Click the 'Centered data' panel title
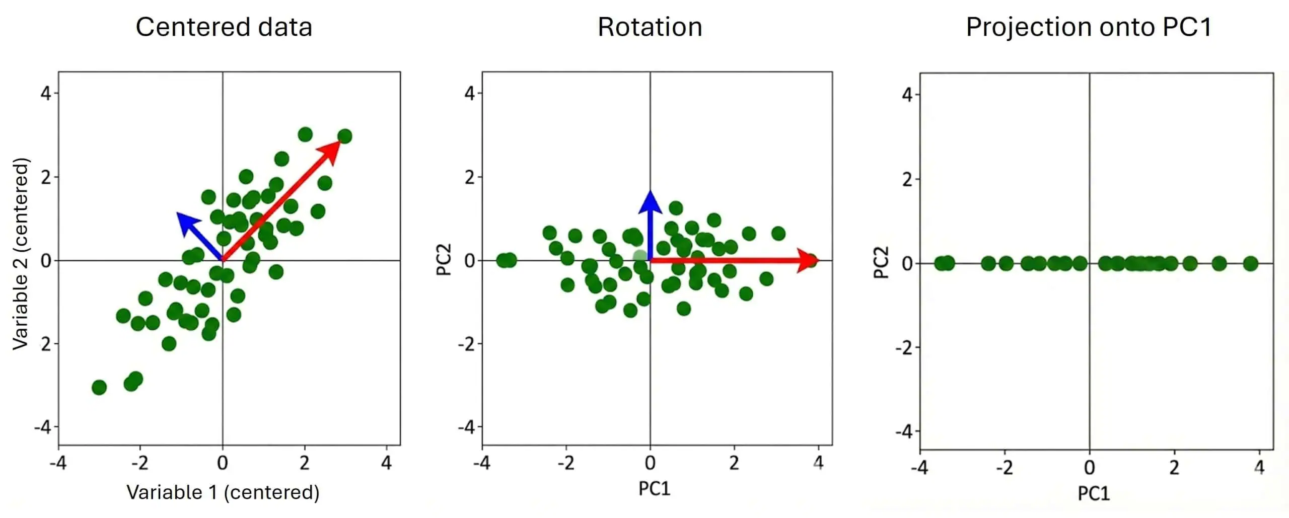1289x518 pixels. point(224,27)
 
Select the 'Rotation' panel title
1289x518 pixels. point(650,27)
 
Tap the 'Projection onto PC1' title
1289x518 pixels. point(1089,27)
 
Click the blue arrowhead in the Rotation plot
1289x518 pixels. point(650,201)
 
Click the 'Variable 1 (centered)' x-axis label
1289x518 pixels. point(223,492)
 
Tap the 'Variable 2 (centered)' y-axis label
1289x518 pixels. point(21,254)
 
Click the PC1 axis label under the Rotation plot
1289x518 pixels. point(654,488)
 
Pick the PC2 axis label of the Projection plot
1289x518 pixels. point(881,262)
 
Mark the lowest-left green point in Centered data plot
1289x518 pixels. point(99,387)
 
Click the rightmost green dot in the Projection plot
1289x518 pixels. point(1251,263)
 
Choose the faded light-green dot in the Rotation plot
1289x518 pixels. point(639,257)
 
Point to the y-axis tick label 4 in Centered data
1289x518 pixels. point(46,93)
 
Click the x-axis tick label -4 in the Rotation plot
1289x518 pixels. point(481,463)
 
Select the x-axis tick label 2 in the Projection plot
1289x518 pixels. point(1174,468)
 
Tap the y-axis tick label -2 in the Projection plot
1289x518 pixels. point(904,347)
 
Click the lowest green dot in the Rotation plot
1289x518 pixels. point(630,311)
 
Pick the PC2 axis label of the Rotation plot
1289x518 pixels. point(444,260)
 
